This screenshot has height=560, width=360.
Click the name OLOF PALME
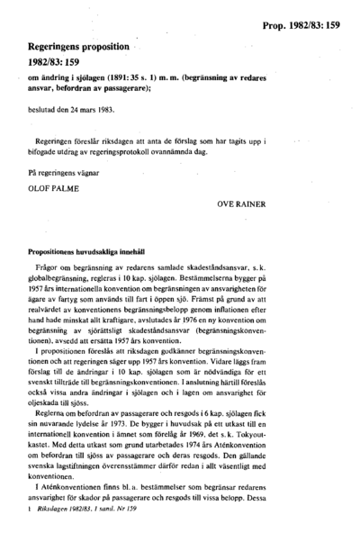coord(55,188)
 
